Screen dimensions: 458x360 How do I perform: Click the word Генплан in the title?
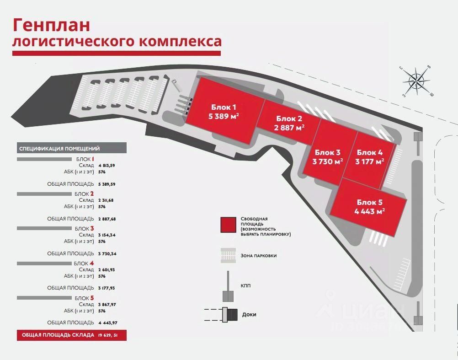tap(51, 25)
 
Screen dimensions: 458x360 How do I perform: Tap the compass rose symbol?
tap(416, 81)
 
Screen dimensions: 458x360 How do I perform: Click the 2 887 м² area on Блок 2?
tap(289, 128)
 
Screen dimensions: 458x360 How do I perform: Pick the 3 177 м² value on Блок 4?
tap(369, 161)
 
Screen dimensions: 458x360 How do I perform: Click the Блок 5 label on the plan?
tap(369, 202)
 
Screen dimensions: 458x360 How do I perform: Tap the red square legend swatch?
tap(228, 225)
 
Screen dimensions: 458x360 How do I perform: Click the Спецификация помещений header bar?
tap(72, 148)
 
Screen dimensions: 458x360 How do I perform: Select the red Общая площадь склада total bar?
tap(72, 335)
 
